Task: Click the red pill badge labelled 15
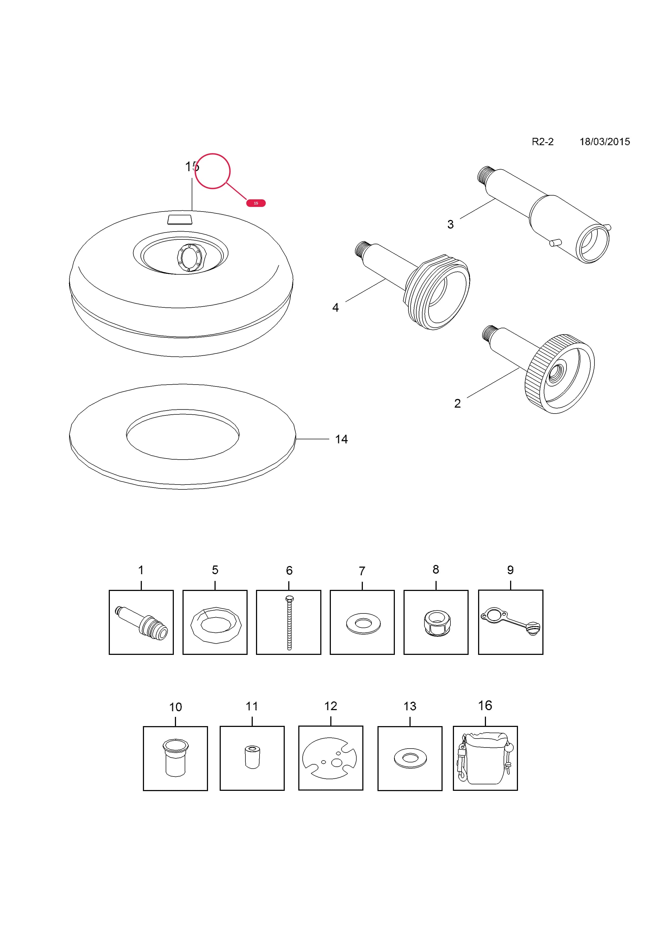(x=256, y=203)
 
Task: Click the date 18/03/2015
(x=604, y=142)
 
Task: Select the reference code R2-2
(x=542, y=142)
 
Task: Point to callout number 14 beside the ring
(x=341, y=439)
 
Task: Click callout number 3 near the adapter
(x=451, y=225)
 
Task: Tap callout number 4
(x=335, y=307)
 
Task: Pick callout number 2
(x=457, y=404)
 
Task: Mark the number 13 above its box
(x=410, y=706)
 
